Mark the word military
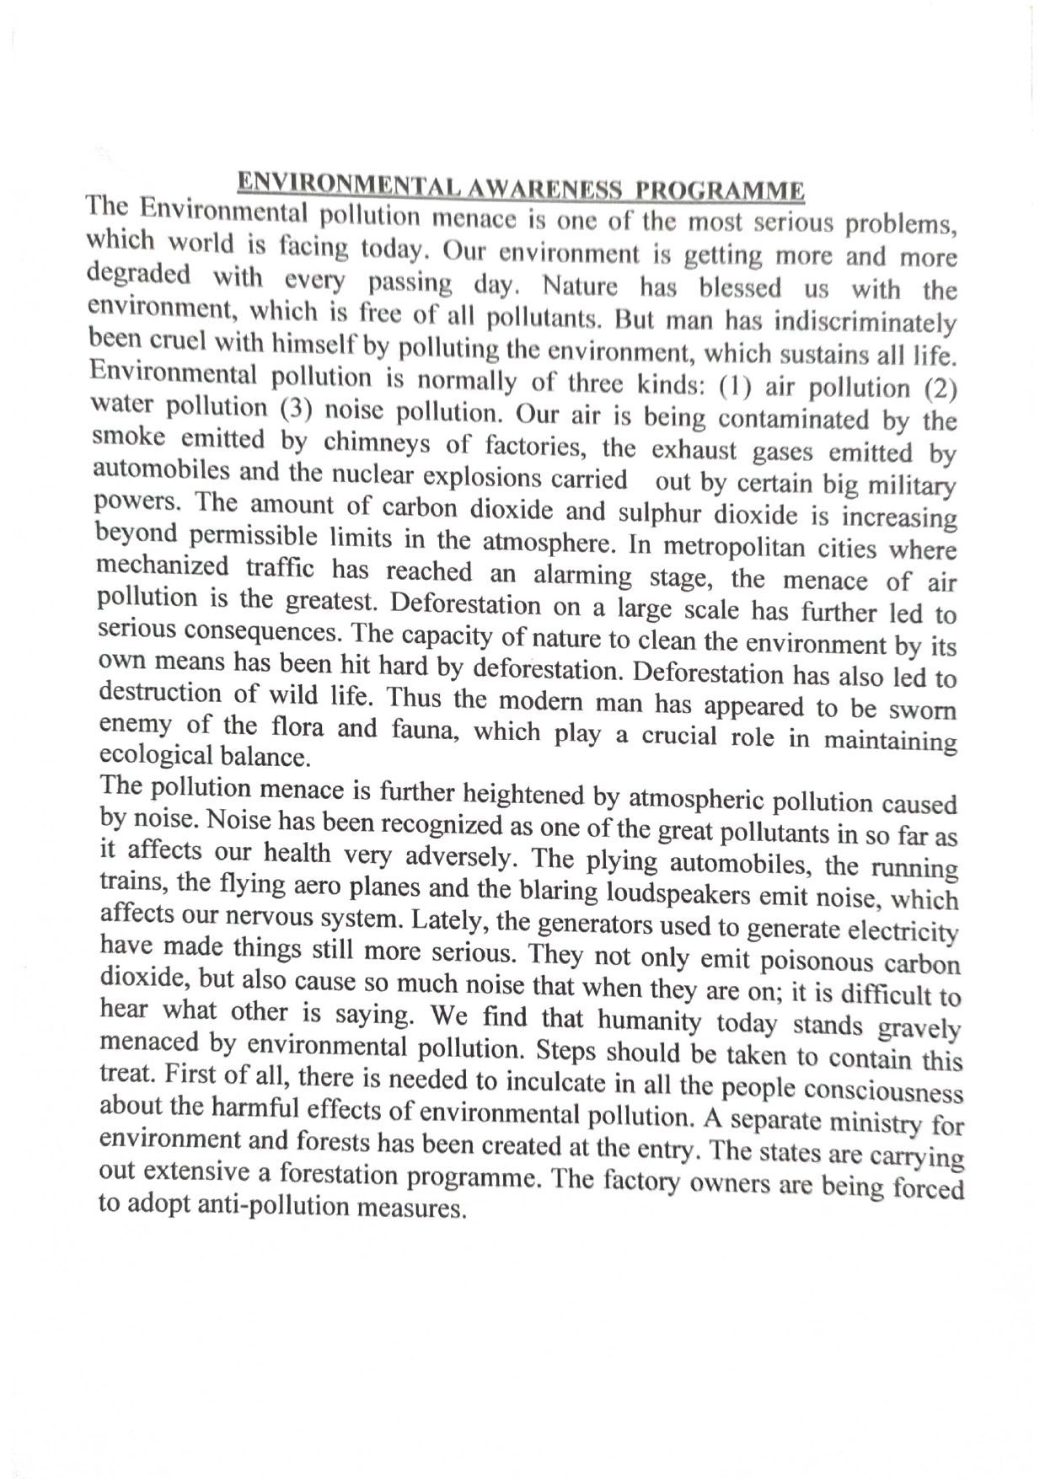tap(915, 486)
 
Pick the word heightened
tap(524, 795)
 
